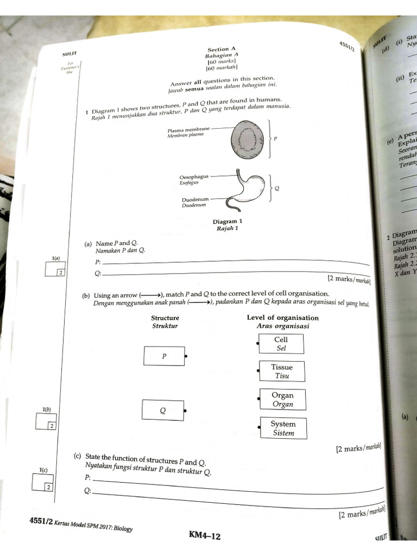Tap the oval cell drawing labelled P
[x=249, y=140]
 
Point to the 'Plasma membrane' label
[x=188, y=130]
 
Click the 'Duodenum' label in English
[x=195, y=200]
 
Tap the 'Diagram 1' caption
[x=228, y=222]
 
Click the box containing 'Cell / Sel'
[x=281, y=344]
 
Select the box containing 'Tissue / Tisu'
[x=282, y=371]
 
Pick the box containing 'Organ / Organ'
[x=282, y=400]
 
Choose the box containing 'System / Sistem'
[x=283, y=428]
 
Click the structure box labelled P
[x=164, y=356]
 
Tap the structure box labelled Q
[x=162, y=410]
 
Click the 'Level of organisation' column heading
[x=282, y=318]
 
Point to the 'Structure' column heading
[x=165, y=318]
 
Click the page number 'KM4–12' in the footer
[x=204, y=536]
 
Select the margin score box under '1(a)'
[x=55, y=269]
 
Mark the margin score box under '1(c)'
[x=41, y=483]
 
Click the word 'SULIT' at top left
[x=69, y=53]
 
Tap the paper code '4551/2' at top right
[x=346, y=46]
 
